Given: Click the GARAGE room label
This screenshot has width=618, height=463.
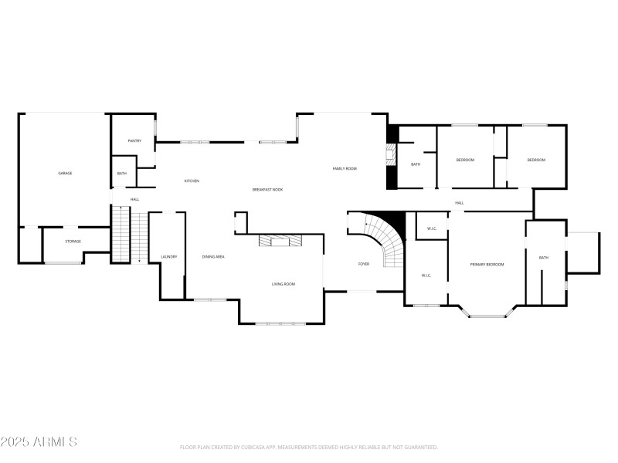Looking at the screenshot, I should click(x=65, y=173).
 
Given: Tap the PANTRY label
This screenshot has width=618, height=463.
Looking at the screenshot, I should click(x=134, y=140).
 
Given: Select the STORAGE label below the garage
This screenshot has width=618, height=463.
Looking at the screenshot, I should click(x=73, y=242).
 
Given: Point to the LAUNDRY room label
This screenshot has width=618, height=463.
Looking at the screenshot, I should click(x=169, y=256).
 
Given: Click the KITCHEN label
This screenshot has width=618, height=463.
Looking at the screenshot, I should click(x=192, y=181).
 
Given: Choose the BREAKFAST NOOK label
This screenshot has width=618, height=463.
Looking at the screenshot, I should click(x=267, y=189).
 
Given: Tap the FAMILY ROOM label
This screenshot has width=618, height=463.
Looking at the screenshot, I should click(x=345, y=168).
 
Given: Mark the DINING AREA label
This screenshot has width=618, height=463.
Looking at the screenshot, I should click(x=213, y=256).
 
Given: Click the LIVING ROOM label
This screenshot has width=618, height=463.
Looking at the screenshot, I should click(x=284, y=284).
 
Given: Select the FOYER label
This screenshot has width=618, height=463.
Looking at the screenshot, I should click(x=363, y=264).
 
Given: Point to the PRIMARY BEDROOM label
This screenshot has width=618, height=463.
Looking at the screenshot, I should click(x=487, y=265).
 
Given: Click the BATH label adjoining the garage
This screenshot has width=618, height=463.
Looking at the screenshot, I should click(x=122, y=174).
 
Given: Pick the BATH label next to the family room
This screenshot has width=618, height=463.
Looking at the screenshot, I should click(x=416, y=164).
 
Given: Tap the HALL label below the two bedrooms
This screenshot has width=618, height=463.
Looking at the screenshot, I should click(x=459, y=203).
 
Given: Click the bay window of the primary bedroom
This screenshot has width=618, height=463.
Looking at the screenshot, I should click(x=487, y=313).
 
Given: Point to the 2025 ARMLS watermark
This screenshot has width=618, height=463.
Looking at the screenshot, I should click(x=39, y=442).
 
